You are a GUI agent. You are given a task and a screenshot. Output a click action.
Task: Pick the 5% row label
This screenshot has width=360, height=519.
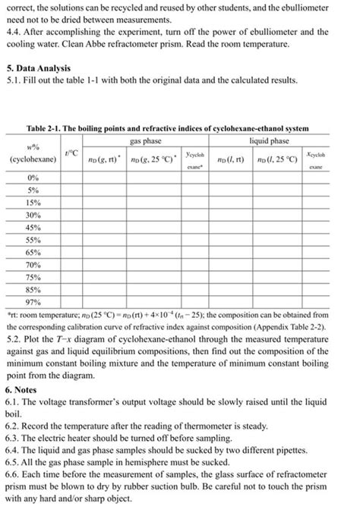coord(33,190)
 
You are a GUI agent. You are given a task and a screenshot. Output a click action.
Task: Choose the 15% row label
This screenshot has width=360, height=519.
coord(33,203)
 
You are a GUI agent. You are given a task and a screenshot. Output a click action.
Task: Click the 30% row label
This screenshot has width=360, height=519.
coord(33,216)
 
